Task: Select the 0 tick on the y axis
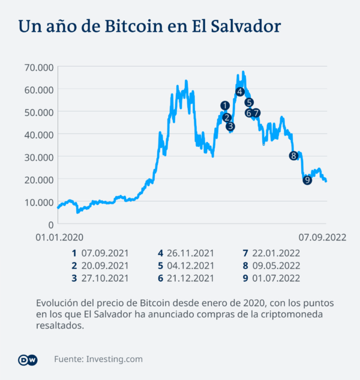(50, 224)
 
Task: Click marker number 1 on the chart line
(225, 105)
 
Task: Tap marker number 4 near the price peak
(240, 91)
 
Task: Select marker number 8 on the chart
(293, 156)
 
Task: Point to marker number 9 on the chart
(307, 180)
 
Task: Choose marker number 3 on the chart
(230, 126)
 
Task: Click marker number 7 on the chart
(256, 113)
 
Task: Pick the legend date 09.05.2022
(277, 266)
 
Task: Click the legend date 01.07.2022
(277, 278)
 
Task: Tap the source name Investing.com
(115, 359)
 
